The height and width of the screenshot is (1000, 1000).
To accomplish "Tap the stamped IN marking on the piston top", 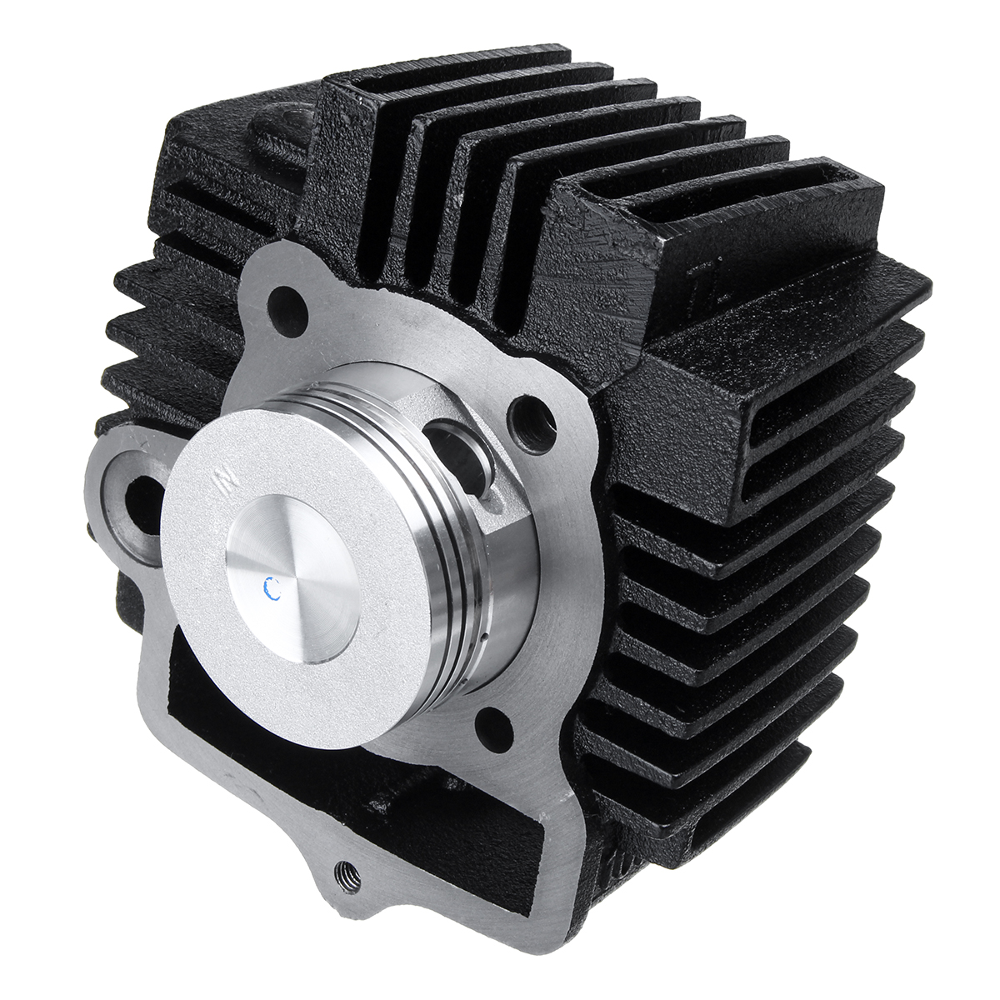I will tap(224, 480).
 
